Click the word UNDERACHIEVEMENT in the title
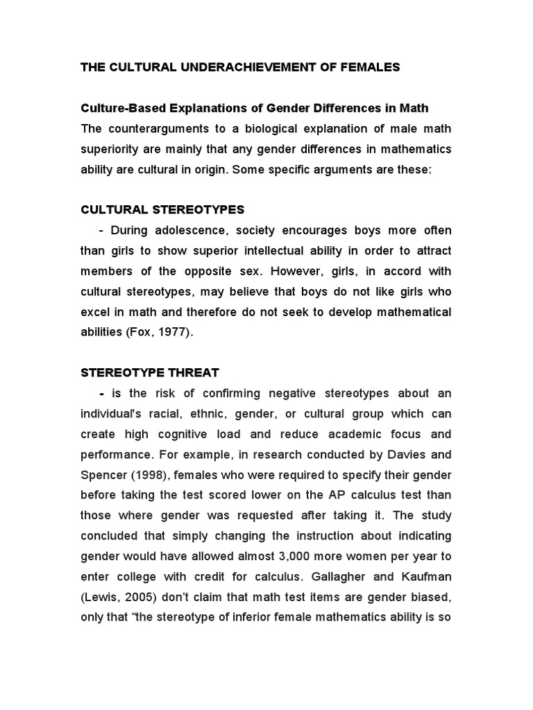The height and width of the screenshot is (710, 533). (228, 67)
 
